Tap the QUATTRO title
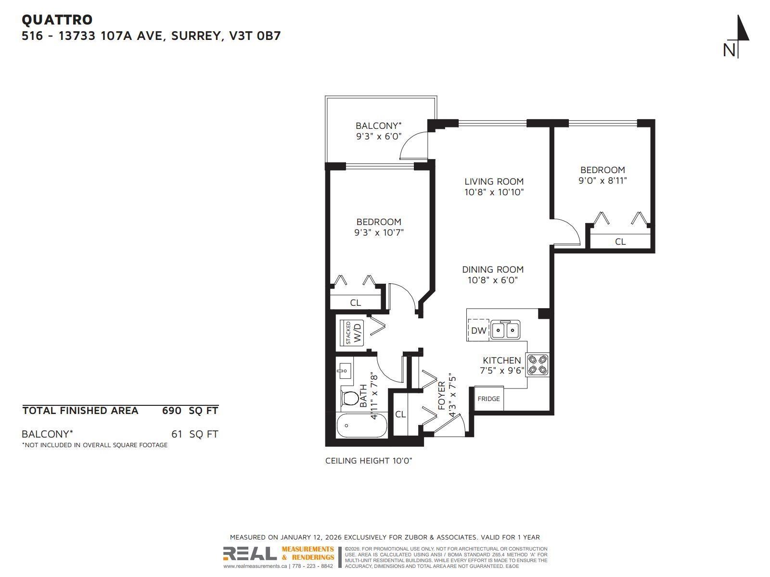click(x=57, y=20)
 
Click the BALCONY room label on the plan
click(x=378, y=125)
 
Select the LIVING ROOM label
click(x=494, y=181)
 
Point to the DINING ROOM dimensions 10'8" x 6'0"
click(x=492, y=280)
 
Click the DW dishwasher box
click(x=478, y=330)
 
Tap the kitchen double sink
click(x=505, y=330)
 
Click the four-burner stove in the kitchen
click(x=538, y=364)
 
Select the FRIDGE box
click(x=488, y=399)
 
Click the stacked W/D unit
click(x=353, y=333)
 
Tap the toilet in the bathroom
click(x=349, y=398)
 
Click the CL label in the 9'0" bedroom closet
click(x=620, y=241)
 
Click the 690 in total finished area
click(x=171, y=411)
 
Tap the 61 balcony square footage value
click(x=177, y=434)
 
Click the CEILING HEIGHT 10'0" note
click(x=369, y=461)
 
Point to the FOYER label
click(x=441, y=395)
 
